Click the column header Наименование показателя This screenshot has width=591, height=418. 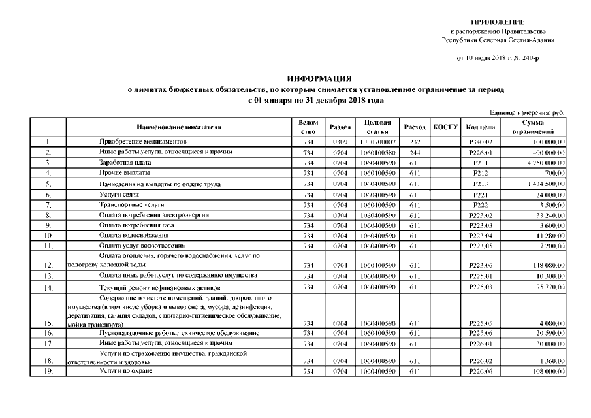(x=178, y=127)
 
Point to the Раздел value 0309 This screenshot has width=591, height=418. (x=339, y=142)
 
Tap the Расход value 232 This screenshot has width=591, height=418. (x=414, y=142)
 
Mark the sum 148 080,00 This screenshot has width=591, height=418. (x=547, y=266)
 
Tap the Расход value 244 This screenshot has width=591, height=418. (x=414, y=152)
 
